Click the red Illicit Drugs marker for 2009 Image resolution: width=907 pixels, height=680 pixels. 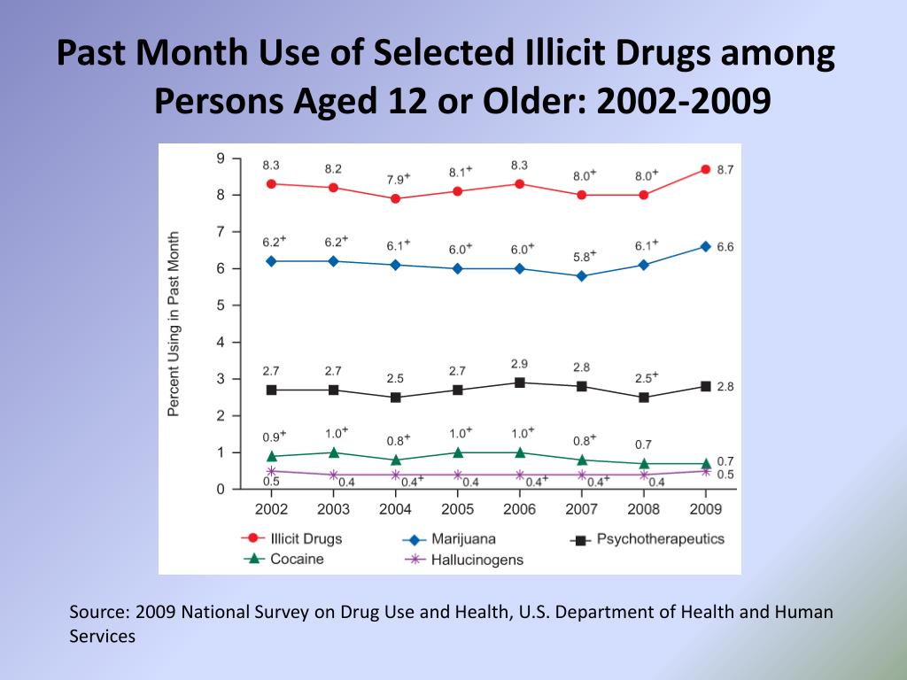[x=705, y=169]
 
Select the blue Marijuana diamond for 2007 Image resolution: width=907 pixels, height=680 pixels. [x=581, y=276]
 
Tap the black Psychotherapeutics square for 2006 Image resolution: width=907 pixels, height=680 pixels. [x=519, y=382]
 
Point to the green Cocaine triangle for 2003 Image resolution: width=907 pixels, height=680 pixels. [x=333, y=452]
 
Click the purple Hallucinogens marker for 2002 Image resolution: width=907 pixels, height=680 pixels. [x=271, y=471]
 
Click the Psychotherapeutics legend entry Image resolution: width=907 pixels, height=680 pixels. [x=660, y=538]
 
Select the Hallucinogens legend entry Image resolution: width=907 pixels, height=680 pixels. [x=477, y=560]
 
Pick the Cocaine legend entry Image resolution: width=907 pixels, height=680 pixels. [x=297, y=560]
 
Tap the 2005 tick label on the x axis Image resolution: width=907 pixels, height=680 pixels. [x=457, y=509]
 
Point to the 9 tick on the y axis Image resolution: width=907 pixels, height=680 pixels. [x=220, y=158]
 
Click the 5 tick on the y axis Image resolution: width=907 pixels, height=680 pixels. [x=220, y=305]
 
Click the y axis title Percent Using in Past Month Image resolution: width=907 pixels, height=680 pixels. [x=174, y=324]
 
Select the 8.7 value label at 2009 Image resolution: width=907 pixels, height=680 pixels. [x=725, y=169]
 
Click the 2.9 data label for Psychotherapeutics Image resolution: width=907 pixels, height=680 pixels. [x=519, y=364]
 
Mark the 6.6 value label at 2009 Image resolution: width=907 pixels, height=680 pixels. [x=725, y=247]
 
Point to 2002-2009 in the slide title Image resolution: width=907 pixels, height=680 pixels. [x=683, y=102]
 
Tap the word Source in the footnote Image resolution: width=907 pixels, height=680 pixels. [x=97, y=613]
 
